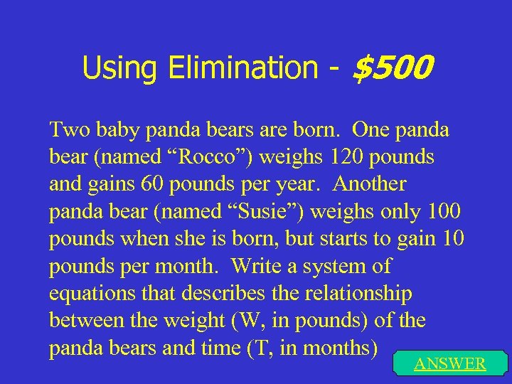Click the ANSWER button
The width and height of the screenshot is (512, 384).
click(x=449, y=364)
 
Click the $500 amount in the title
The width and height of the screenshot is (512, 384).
click(x=393, y=68)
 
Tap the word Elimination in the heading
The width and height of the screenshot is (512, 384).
click(x=243, y=68)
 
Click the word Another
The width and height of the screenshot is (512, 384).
click(x=369, y=185)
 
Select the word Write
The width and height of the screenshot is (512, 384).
click(x=256, y=267)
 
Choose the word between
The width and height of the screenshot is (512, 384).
click(x=85, y=321)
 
